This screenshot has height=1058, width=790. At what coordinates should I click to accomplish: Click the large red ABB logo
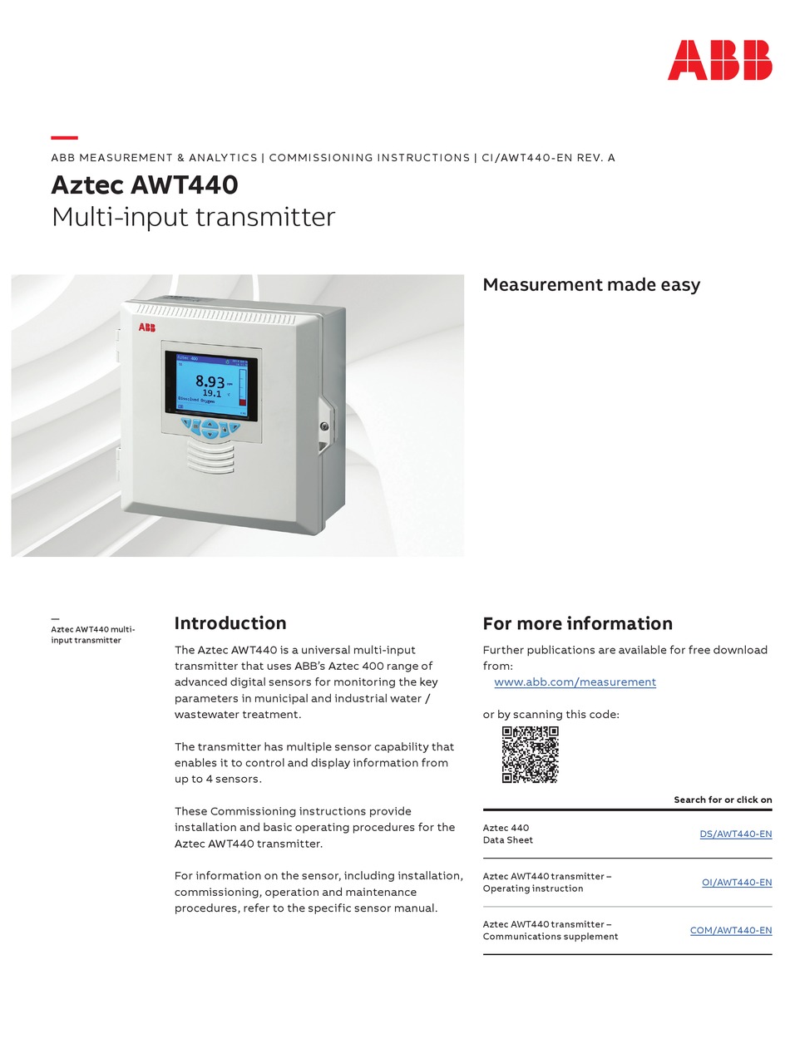click(x=719, y=60)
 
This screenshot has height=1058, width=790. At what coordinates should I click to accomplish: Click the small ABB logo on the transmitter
click(x=146, y=327)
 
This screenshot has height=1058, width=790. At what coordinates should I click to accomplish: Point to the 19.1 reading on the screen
click(x=212, y=393)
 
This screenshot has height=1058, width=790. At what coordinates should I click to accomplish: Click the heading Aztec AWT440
click(x=145, y=185)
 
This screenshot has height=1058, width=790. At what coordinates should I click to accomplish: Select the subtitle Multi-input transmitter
click(x=193, y=217)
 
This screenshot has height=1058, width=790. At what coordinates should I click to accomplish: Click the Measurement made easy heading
click(x=591, y=284)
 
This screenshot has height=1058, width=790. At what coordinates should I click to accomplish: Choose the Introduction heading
click(x=230, y=623)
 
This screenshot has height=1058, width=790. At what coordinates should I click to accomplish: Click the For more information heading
click(x=577, y=623)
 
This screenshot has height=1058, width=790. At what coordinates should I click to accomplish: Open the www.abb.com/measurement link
click(x=575, y=682)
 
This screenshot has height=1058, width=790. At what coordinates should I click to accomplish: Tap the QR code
click(x=530, y=755)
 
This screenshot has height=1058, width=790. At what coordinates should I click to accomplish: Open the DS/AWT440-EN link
click(x=735, y=834)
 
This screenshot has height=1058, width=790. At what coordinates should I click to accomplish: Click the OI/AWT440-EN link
click(x=736, y=882)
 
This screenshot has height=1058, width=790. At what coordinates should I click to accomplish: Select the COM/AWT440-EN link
click(x=730, y=930)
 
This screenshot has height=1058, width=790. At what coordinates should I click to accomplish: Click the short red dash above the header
click(x=64, y=138)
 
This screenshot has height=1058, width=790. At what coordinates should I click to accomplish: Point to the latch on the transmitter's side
click(x=324, y=426)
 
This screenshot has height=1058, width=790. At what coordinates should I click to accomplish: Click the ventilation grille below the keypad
click(x=210, y=456)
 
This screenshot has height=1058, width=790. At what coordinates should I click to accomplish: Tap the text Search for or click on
click(x=723, y=800)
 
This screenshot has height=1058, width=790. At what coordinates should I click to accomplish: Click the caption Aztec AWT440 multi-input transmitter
click(x=92, y=634)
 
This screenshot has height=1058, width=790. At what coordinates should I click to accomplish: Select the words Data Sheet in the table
click(x=507, y=840)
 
